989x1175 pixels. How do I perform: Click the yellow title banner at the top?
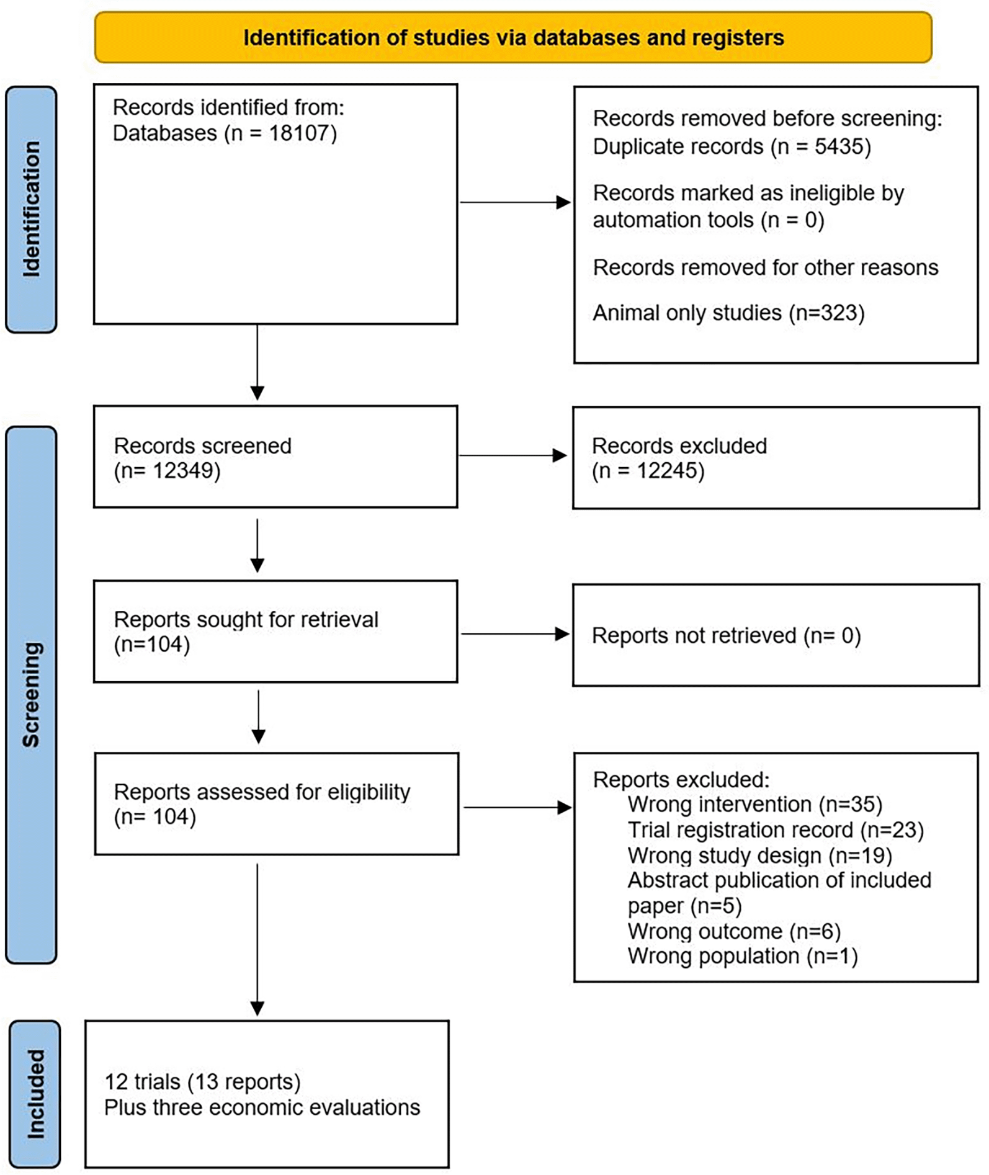coord(513,37)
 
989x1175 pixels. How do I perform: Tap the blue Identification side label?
coord(31,210)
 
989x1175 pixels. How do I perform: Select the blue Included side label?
coord(35,1094)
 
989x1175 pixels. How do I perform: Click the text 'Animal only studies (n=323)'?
coord(728,313)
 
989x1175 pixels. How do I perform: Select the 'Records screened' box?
coord(275,457)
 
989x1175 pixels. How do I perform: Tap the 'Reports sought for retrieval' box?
coord(275,632)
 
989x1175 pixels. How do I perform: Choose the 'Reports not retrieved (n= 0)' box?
coord(776,635)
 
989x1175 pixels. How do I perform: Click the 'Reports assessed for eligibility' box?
coord(277,804)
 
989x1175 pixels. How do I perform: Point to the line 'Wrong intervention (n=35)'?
coord(754,805)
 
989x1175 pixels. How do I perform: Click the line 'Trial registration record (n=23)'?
coord(776,830)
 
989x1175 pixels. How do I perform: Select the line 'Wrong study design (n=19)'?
coord(759,856)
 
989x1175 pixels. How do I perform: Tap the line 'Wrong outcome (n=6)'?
coord(734,931)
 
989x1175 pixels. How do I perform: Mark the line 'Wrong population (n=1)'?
coord(743,956)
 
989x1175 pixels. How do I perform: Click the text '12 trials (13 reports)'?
coord(202,1081)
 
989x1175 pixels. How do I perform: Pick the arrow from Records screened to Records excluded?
coord(512,455)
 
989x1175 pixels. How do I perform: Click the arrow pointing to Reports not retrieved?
coord(515,634)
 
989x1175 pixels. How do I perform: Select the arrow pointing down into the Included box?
coord(257,939)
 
